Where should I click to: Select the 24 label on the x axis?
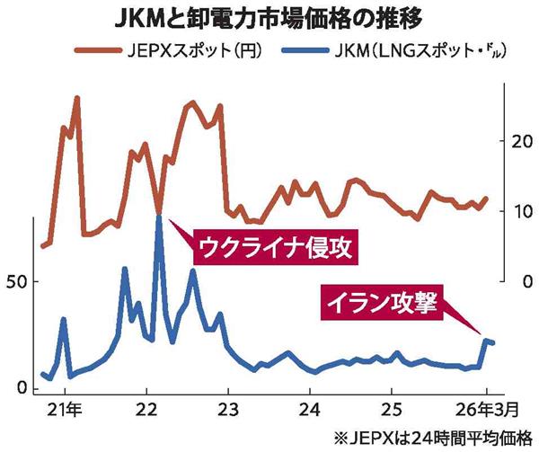[310, 410]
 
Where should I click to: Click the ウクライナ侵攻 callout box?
[276, 245]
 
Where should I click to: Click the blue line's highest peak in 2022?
[159, 215]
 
